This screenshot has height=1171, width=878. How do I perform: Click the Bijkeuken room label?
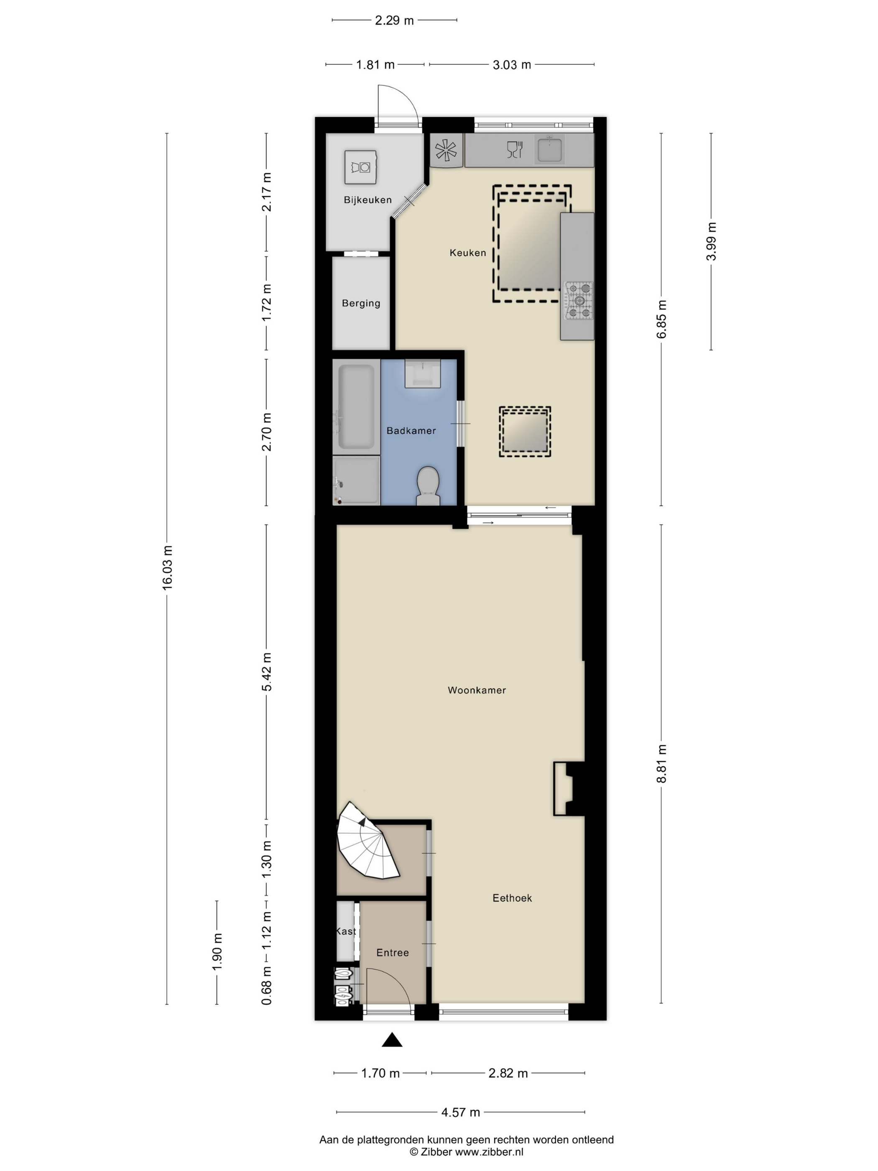point(367,199)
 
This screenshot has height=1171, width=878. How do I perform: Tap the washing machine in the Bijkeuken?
point(360,167)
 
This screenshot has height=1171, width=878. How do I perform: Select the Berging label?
point(361,303)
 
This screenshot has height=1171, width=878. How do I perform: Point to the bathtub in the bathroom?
point(356,407)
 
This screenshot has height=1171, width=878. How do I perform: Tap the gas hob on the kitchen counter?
point(579,301)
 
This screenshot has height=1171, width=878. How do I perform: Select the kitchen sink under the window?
point(550,149)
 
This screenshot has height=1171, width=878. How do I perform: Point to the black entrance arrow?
point(392,1040)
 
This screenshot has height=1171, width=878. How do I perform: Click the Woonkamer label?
point(476,690)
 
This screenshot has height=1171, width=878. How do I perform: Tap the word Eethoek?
point(512,898)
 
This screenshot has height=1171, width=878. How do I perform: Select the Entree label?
point(392,952)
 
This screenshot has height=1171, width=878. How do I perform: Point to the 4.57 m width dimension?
point(460,1112)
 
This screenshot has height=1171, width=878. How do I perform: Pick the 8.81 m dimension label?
point(661,763)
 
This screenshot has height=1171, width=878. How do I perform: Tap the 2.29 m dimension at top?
point(394,20)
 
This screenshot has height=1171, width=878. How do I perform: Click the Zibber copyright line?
point(466,1152)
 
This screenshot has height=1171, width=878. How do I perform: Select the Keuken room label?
point(467,253)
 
